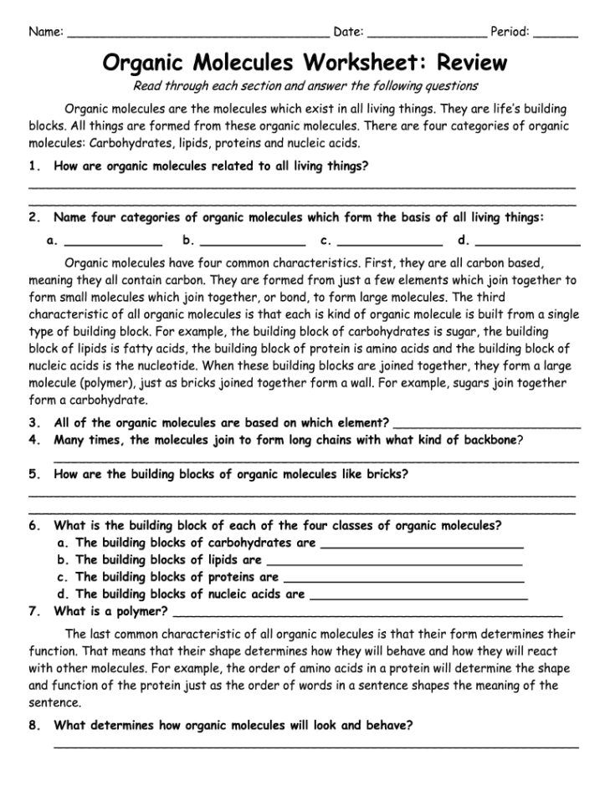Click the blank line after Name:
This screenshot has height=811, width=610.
click(197, 37)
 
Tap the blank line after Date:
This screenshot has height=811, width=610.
click(426, 37)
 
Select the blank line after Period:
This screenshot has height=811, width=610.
click(555, 37)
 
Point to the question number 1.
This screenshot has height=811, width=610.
click(33, 166)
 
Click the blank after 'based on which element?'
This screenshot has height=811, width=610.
click(486, 425)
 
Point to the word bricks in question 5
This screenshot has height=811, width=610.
click(387, 474)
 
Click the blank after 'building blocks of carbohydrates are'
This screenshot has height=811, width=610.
click(422, 546)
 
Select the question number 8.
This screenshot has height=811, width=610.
click(33, 726)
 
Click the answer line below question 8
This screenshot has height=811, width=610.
click(315, 744)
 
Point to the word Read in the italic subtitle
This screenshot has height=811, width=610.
click(148, 85)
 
